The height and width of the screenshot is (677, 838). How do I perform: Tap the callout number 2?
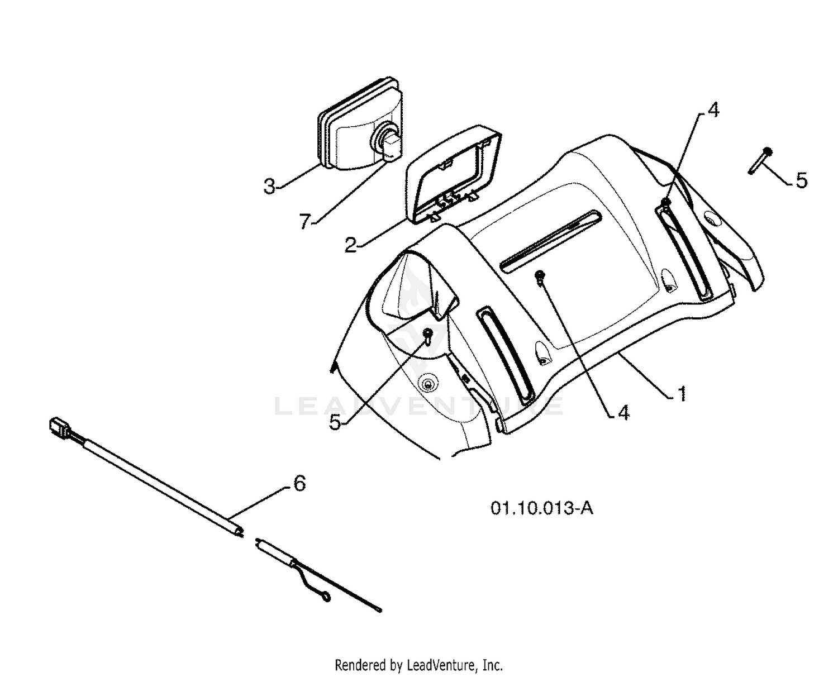350,245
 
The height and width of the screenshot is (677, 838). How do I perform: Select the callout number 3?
269,186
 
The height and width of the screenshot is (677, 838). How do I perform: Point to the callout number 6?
299,483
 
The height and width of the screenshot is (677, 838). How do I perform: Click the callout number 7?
304,221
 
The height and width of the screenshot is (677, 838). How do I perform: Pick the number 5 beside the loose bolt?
801,180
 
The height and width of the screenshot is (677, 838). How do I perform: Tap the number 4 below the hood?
623,412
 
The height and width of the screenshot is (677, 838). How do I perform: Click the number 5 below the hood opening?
335,422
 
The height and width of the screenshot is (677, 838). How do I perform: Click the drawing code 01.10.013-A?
542,508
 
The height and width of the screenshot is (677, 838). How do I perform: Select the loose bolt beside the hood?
760,160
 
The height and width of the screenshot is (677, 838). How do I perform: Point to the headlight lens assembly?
360,124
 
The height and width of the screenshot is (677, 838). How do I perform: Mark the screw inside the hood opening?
428,335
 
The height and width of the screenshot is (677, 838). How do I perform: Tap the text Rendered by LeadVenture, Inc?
418,654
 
